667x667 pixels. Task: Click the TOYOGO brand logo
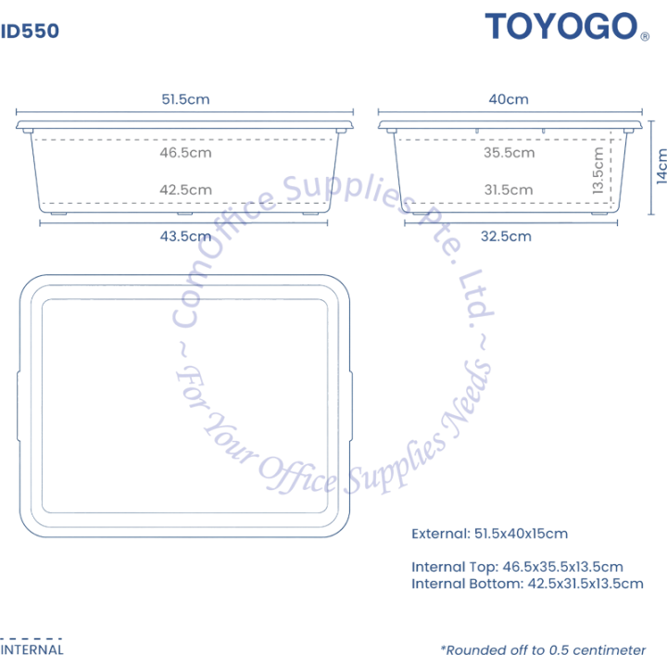(561, 26)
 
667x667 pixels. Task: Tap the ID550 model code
(30, 31)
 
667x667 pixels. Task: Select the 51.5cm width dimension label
(185, 99)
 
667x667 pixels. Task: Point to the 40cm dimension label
(509, 99)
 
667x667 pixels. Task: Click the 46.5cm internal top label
(185, 152)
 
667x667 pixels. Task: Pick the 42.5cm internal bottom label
(185, 190)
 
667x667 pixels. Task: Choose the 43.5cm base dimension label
(185, 236)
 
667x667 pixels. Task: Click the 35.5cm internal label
(510, 152)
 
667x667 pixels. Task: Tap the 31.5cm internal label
(509, 190)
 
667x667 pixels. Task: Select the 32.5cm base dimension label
(506, 236)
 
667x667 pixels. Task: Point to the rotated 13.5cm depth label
(598, 170)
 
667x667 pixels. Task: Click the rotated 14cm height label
(661, 167)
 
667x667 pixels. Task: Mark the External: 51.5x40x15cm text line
(490, 534)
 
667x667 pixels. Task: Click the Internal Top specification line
(517, 567)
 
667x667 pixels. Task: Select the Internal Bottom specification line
(527, 584)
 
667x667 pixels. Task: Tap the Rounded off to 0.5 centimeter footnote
(543, 650)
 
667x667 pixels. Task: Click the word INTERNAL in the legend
(31, 650)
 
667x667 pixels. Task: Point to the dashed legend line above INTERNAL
(31, 638)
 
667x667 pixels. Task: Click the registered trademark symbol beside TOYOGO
(645, 36)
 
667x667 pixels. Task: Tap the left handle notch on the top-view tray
(19, 407)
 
